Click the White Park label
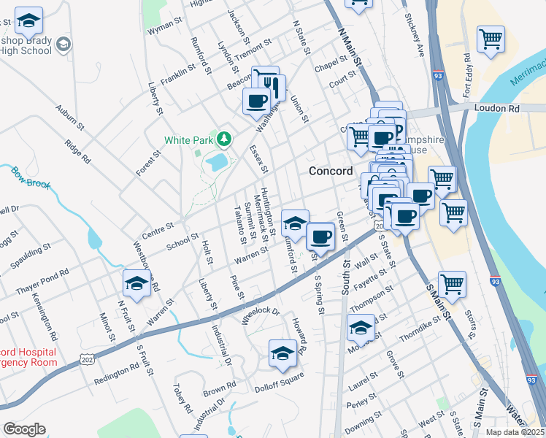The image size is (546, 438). click(188, 139)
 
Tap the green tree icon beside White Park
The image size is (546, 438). click(225, 138)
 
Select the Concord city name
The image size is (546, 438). click(331, 171)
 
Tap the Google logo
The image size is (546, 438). click(24, 429)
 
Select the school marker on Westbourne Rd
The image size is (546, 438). click(137, 283)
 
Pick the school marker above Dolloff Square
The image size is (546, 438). click(283, 353)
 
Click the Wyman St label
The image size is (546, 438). click(163, 31)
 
